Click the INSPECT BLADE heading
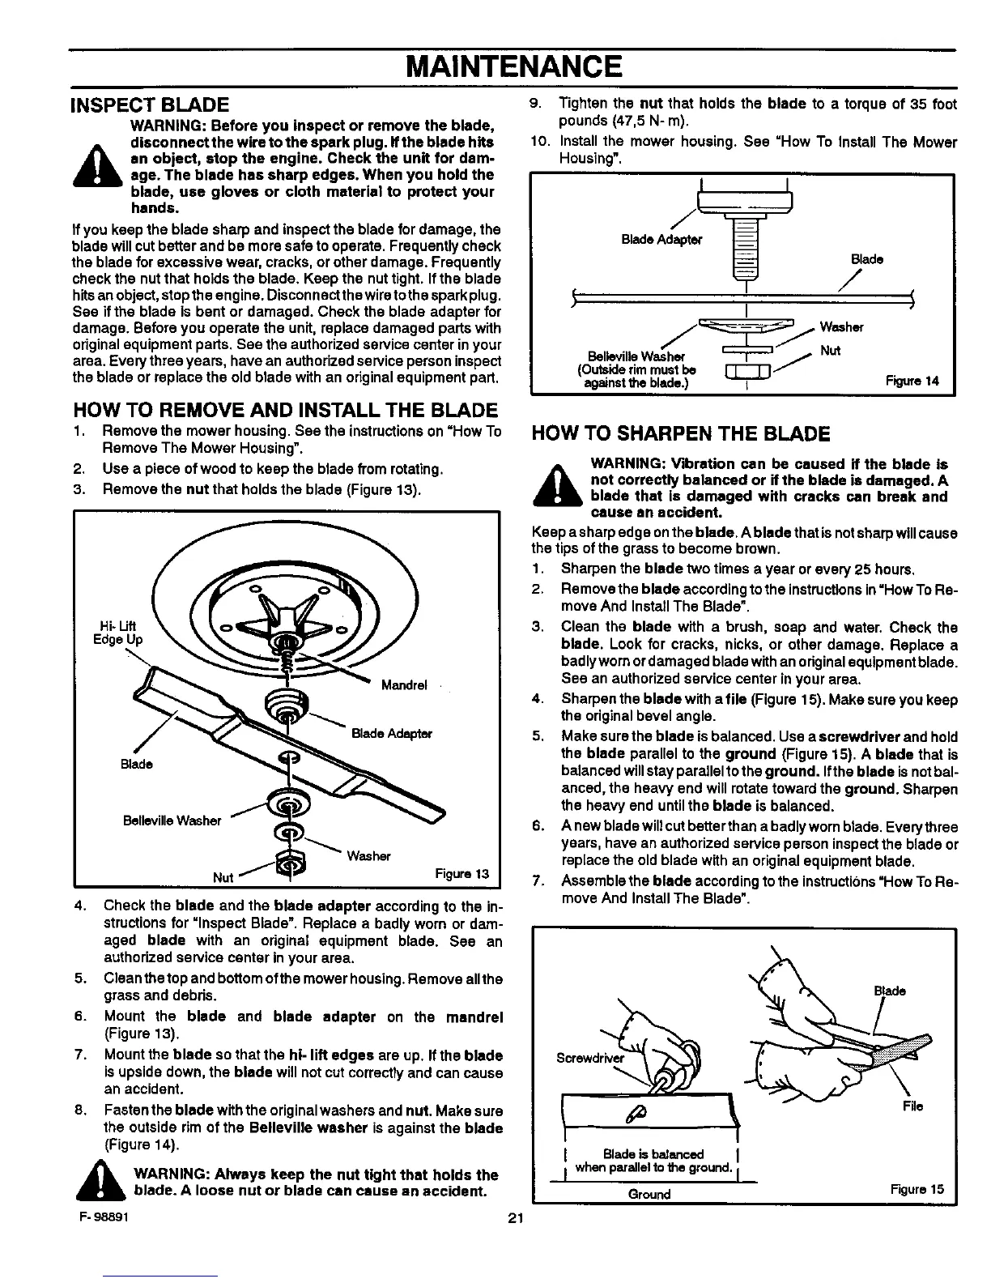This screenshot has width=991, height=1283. (151, 104)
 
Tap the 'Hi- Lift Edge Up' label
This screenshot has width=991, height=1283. (118, 632)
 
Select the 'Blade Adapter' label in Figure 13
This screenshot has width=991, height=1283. (392, 734)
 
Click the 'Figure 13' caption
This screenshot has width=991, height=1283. (461, 873)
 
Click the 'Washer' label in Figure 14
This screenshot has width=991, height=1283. (841, 327)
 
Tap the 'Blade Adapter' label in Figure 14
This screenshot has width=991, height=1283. (662, 240)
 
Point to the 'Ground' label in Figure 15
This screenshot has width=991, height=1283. (649, 1195)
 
